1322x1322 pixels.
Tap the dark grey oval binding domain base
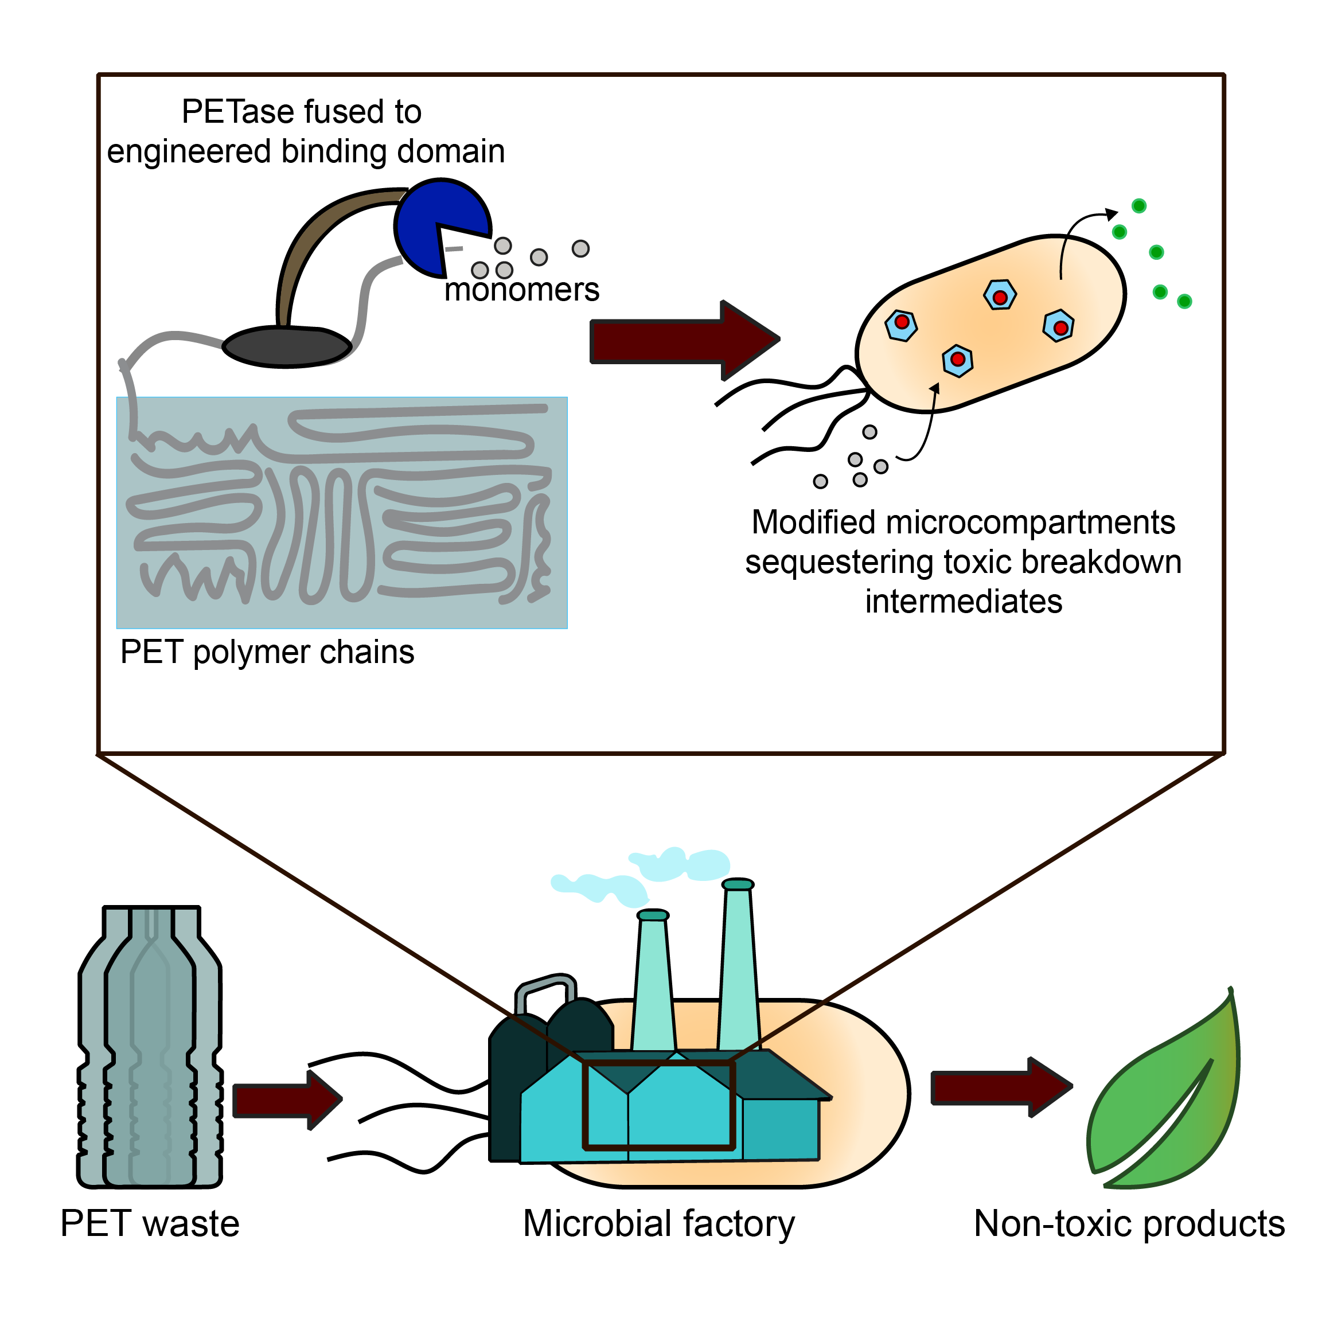coord(287,346)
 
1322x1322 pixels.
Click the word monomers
coord(521,290)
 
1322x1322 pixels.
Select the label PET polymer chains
coord(267,652)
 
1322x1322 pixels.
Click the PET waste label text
coord(150,1223)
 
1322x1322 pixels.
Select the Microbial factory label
coord(659,1223)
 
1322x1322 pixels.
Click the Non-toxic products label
coord(1129,1223)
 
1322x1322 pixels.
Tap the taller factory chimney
coord(739,972)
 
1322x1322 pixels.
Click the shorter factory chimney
coord(653,985)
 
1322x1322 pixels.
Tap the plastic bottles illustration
coord(150,1047)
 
